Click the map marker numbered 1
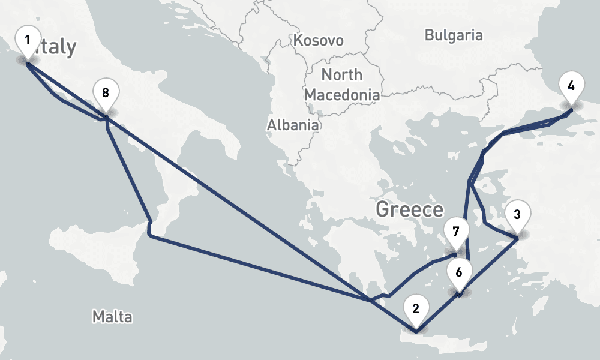(27, 41)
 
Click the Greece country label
(409, 210)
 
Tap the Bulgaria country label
(453, 35)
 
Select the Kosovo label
(319, 41)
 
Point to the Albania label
(293, 125)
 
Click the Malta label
(112, 316)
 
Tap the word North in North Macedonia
(342, 75)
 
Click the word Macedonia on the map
(342, 94)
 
